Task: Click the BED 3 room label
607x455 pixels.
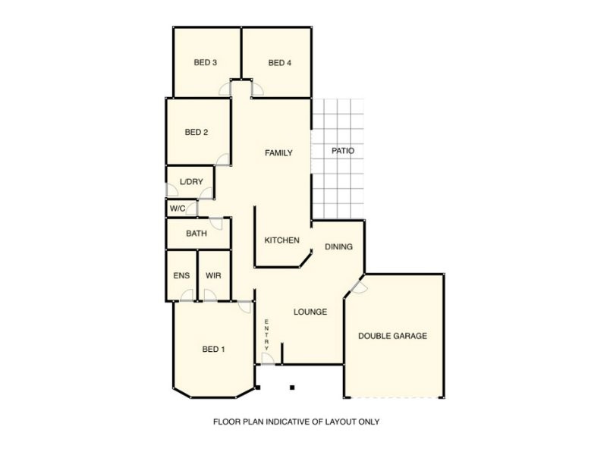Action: (x=206, y=63)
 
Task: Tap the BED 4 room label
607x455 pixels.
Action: (x=279, y=63)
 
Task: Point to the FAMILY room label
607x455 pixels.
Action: (x=278, y=153)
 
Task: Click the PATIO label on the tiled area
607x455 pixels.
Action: (x=343, y=151)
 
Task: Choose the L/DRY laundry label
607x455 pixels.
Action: (x=191, y=182)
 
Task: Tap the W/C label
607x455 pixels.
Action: (x=178, y=208)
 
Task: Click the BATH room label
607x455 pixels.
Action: (x=196, y=234)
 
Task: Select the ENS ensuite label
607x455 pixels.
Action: (x=181, y=275)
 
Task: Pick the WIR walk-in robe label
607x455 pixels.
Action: (x=213, y=275)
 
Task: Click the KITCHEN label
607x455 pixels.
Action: (x=281, y=240)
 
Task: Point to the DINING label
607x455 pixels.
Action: (x=338, y=247)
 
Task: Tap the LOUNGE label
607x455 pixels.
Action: (x=310, y=312)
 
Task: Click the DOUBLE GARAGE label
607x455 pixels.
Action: (x=392, y=336)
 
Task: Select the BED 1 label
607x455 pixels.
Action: (x=213, y=350)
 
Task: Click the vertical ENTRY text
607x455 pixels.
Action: (x=266, y=334)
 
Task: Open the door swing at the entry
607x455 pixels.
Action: (x=266, y=358)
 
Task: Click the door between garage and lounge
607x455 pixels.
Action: (x=358, y=287)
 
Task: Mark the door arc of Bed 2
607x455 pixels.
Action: (x=223, y=159)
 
